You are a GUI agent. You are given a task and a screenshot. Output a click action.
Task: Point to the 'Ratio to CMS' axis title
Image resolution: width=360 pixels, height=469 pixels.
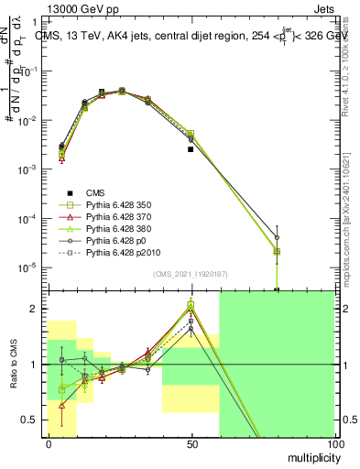[x=14, y=365]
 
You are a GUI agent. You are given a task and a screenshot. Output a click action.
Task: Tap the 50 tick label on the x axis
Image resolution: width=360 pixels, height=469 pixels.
[x=191, y=444]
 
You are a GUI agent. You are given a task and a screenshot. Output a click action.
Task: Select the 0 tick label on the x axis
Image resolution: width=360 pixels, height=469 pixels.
[x=49, y=444]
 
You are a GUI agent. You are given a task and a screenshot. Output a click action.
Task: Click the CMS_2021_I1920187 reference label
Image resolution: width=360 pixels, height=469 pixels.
[x=191, y=274]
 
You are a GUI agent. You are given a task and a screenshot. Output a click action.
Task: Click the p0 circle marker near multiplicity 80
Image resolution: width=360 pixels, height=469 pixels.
[x=277, y=237]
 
